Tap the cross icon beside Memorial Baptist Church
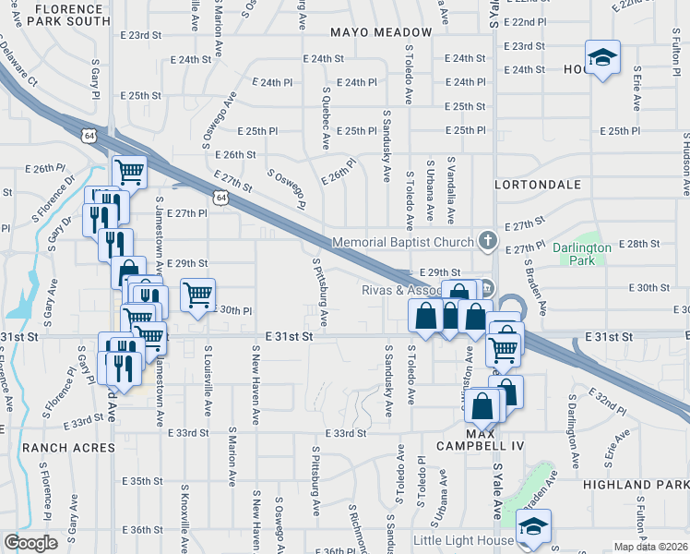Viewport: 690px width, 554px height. click(x=489, y=242)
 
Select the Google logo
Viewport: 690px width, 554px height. click(x=30, y=543)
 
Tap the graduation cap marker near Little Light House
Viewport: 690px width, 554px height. click(x=532, y=528)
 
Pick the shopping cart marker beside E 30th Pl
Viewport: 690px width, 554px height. click(x=197, y=295)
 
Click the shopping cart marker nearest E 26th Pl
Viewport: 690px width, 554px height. click(x=130, y=171)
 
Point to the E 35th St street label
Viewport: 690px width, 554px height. click(x=142, y=482)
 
